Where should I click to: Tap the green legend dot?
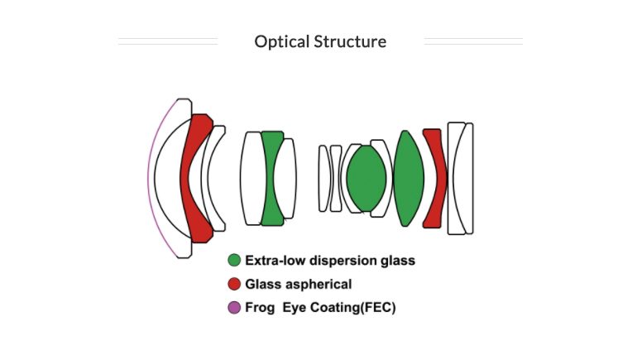(234, 261)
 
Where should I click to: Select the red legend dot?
(234, 284)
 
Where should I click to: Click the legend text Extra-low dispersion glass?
(329, 261)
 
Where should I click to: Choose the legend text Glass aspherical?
(298, 284)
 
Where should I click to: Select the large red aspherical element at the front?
(194, 199)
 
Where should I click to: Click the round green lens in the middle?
(366, 178)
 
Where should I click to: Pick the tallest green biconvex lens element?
(409, 178)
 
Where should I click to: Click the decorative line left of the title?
(168, 41)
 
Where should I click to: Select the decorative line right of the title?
(472, 41)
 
